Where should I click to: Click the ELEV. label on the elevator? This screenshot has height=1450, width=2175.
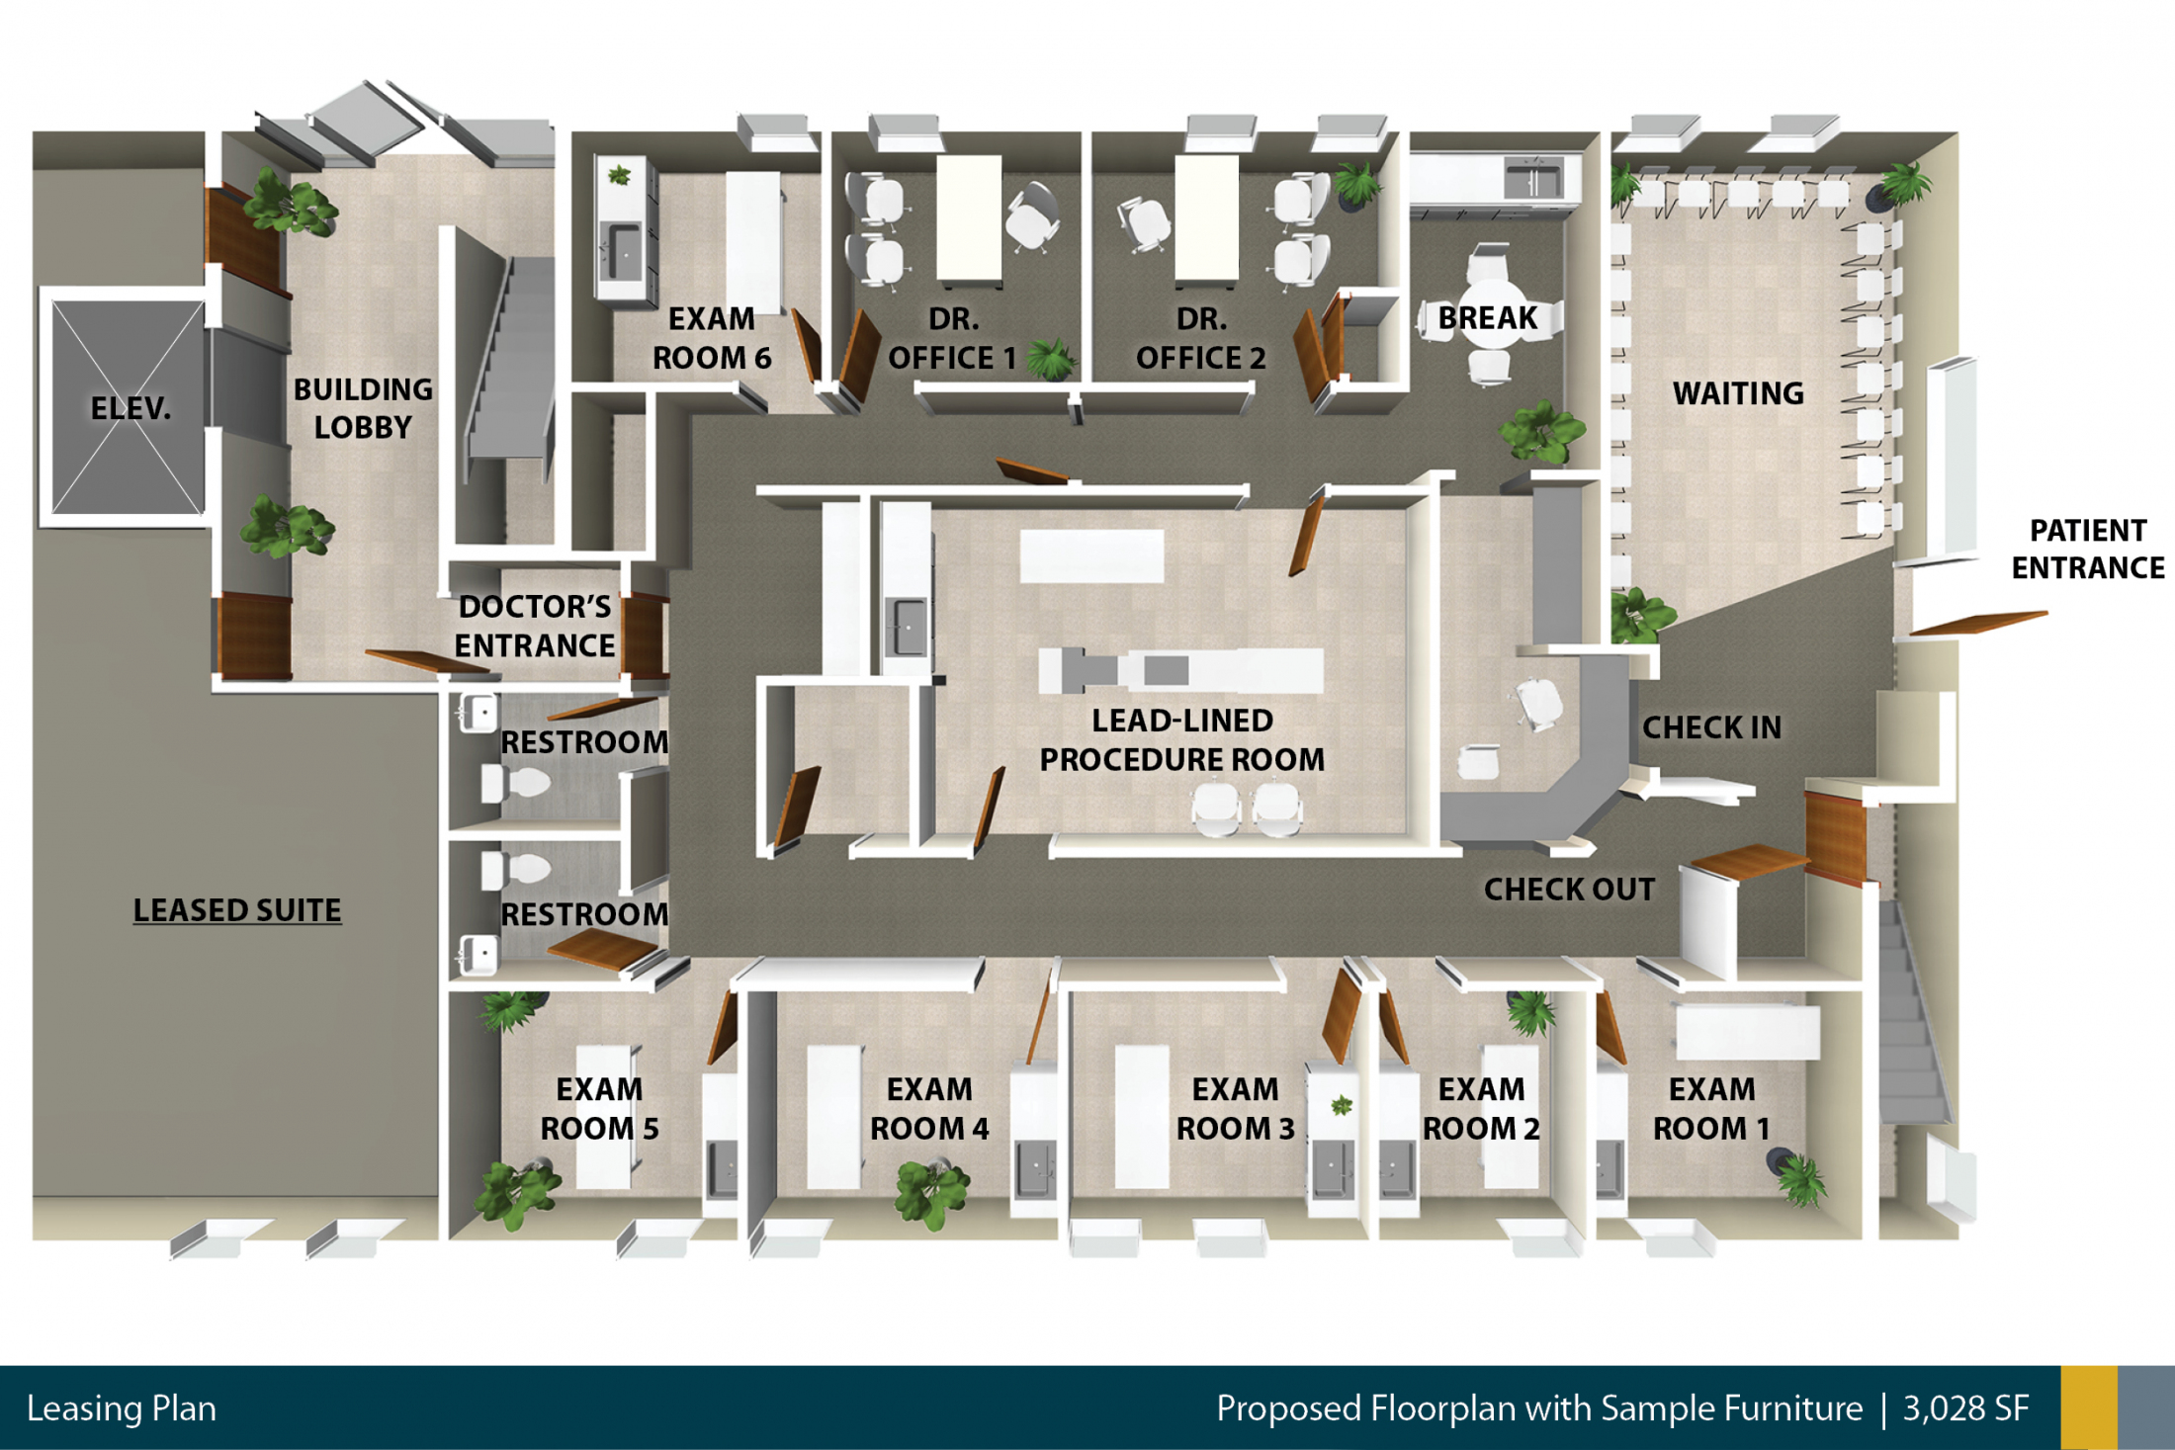coord(130,407)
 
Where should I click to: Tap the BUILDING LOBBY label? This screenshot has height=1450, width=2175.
coord(363,408)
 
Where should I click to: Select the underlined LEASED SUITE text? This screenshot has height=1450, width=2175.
coord(237,910)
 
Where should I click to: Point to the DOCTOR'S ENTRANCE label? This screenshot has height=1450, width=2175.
coord(535,626)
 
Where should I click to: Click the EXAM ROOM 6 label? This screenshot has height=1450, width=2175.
coord(712,338)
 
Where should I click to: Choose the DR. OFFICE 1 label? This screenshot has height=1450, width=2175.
coord(953,338)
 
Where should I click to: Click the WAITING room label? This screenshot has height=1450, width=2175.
coord(1738,393)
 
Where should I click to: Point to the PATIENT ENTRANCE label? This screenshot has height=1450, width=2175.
coord(2088,549)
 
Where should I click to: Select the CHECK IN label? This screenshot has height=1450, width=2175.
coord(1711,727)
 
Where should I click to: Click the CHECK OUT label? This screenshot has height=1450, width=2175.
coord(1569,890)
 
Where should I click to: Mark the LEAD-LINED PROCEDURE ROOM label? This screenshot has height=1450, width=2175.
coord(1181,739)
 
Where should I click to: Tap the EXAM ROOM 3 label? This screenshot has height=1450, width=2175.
coord(1235,1109)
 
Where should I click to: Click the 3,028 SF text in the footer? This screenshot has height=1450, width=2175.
coord(1965,1407)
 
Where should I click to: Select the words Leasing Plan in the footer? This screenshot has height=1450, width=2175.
coord(122,1408)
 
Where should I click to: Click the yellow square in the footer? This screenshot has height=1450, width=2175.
coord(2089,1407)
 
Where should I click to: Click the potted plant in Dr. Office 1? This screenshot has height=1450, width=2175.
coord(1050,359)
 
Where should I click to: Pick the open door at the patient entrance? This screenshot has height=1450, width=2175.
coord(1977,624)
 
